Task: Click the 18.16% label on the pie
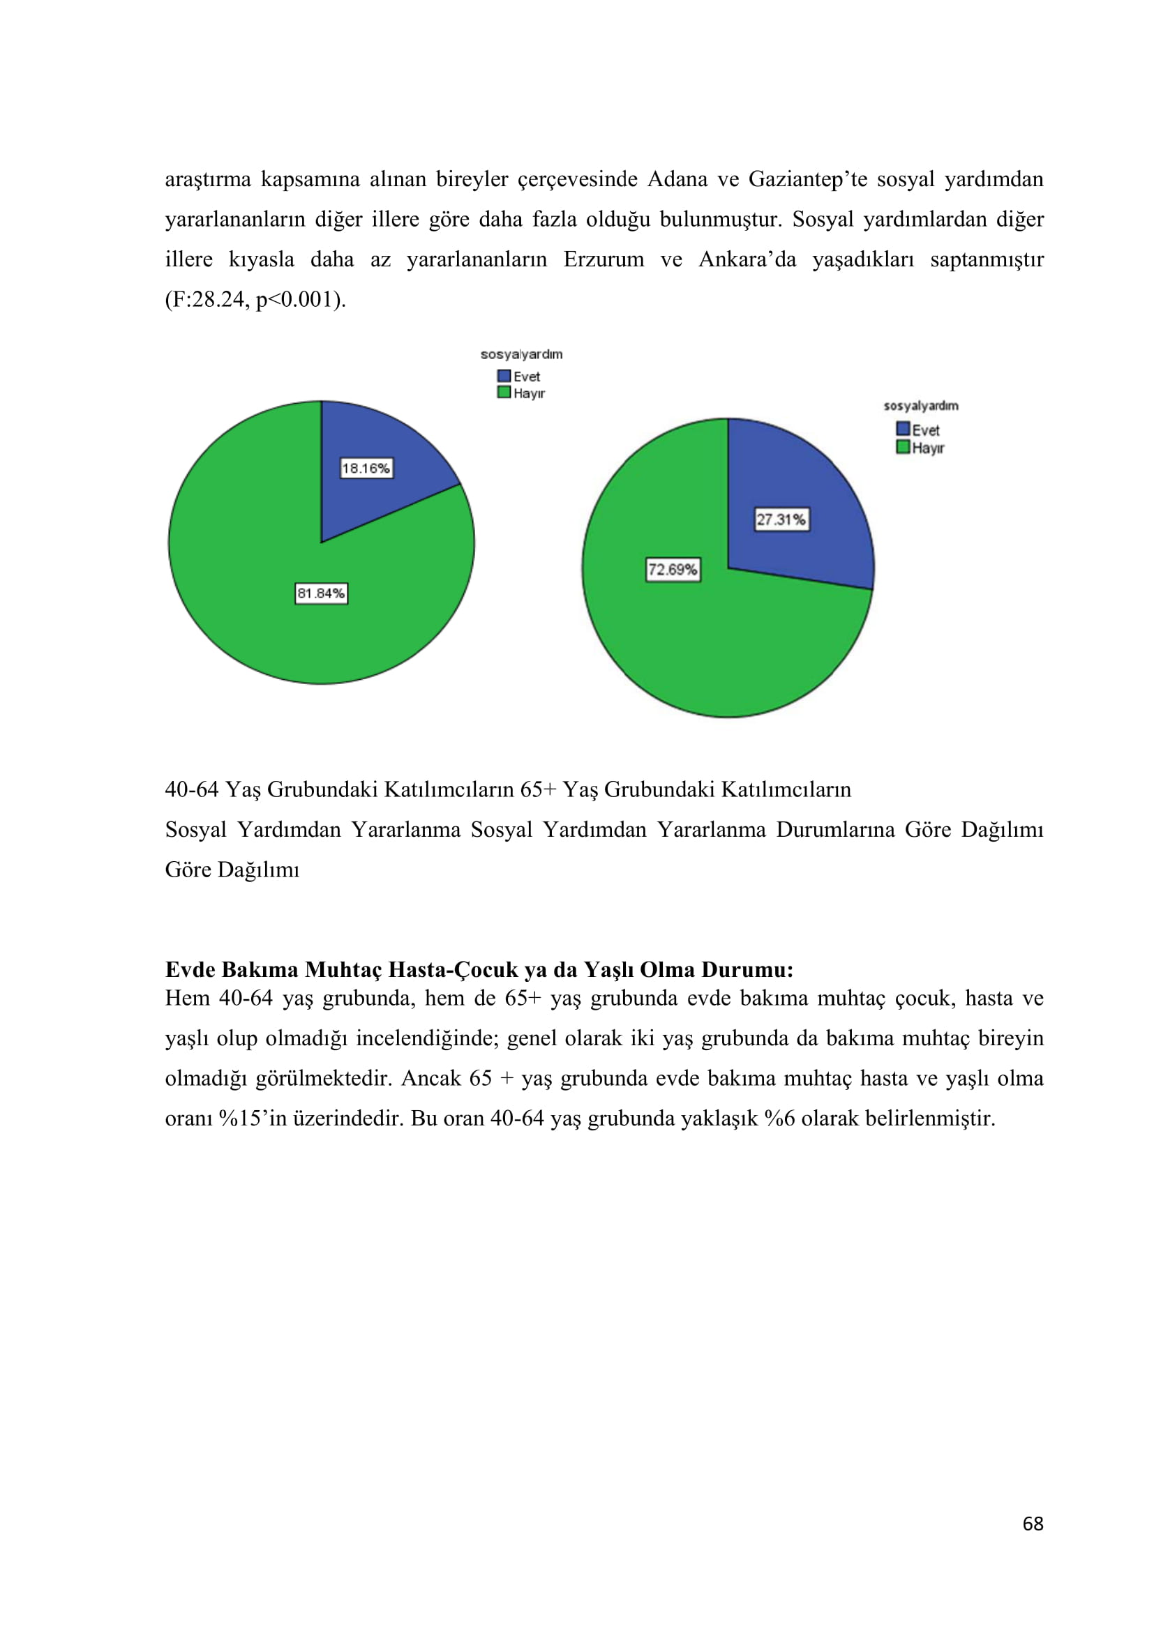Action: (x=366, y=468)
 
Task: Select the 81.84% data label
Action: (x=321, y=593)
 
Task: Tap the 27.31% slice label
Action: (x=781, y=519)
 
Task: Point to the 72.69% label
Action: (x=672, y=570)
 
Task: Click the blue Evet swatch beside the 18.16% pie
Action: (x=504, y=376)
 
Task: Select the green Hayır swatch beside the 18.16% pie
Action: (x=504, y=392)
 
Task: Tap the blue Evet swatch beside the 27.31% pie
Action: (x=902, y=429)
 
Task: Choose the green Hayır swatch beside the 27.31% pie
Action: (x=902, y=447)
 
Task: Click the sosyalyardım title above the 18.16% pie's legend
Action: (x=521, y=354)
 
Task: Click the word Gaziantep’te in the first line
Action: (x=807, y=179)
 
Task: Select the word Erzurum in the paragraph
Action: (x=604, y=259)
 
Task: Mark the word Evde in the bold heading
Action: (x=190, y=970)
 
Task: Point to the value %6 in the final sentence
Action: (x=779, y=1118)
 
